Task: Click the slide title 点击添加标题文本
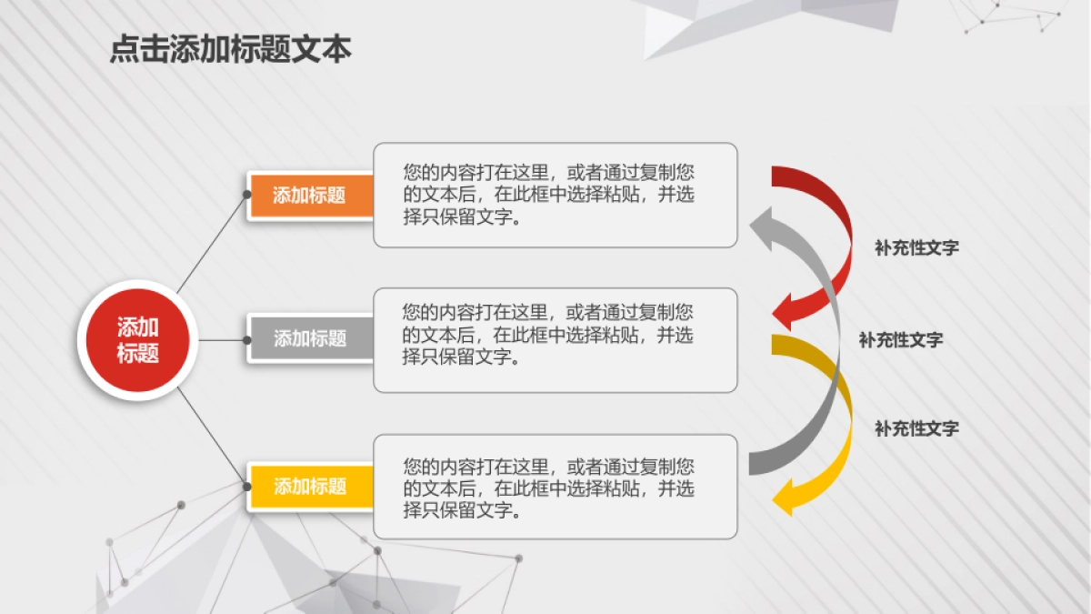[x=230, y=49]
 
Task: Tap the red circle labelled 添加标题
[x=137, y=340]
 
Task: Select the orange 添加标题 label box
[x=310, y=195]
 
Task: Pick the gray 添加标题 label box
[x=310, y=338]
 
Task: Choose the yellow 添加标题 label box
[x=310, y=486]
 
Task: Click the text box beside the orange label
[x=555, y=195]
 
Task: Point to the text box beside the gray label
[x=555, y=340]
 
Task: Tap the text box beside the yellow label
[x=555, y=486]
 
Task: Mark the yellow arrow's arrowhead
[x=784, y=497]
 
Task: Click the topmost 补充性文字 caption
[x=916, y=247]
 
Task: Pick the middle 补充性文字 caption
[x=900, y=340]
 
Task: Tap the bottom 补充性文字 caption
[x=916, y=428]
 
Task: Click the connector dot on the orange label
[x=247, y=194]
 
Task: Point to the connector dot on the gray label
[x=247, y=339]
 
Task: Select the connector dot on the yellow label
[x=247, y=487]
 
